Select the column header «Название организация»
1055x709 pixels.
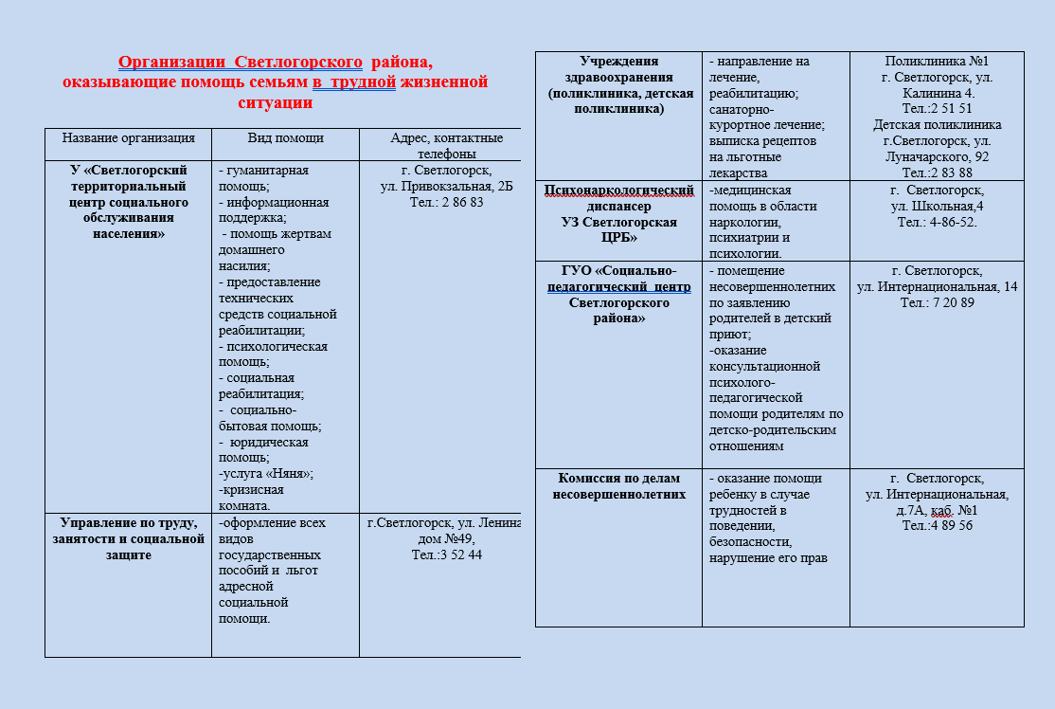(129, 138)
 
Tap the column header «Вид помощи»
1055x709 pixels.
(286, 138)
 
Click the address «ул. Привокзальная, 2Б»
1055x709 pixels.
(446, 187)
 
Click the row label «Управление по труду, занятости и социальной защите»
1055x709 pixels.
(128, 538)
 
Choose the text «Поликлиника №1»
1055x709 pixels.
(937, 62)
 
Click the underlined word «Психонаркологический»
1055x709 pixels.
(619, 191)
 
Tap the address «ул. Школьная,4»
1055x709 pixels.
(937, 206)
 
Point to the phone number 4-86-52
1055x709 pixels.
(953, 222)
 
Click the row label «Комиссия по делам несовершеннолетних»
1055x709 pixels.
(619, 486)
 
